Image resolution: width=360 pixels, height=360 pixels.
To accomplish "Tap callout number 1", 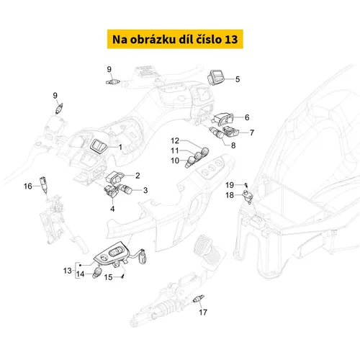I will [120, 147].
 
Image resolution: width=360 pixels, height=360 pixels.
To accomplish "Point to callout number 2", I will [138, 176].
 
